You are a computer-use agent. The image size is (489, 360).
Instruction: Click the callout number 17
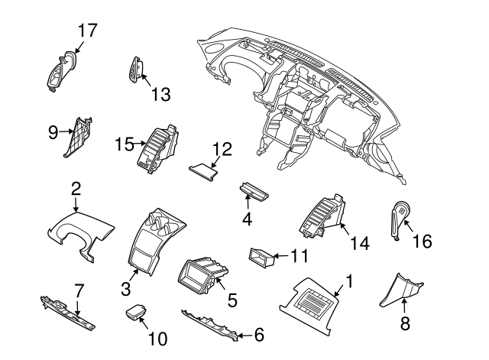point(89,31)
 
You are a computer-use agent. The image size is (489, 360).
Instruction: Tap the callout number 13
point(160,94)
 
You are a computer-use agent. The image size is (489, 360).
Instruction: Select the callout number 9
point(53,131)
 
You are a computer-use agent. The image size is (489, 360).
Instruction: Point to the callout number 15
point(125,143)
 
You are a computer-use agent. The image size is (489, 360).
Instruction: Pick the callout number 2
point(76,188)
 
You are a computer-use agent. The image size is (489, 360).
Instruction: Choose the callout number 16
point(422,242)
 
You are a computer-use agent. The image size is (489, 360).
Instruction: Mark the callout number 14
point(359,243)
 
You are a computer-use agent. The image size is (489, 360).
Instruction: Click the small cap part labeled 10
point(136,313)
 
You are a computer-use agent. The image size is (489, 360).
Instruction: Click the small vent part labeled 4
point(254,191)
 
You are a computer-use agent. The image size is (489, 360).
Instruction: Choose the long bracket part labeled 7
point(70,313)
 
